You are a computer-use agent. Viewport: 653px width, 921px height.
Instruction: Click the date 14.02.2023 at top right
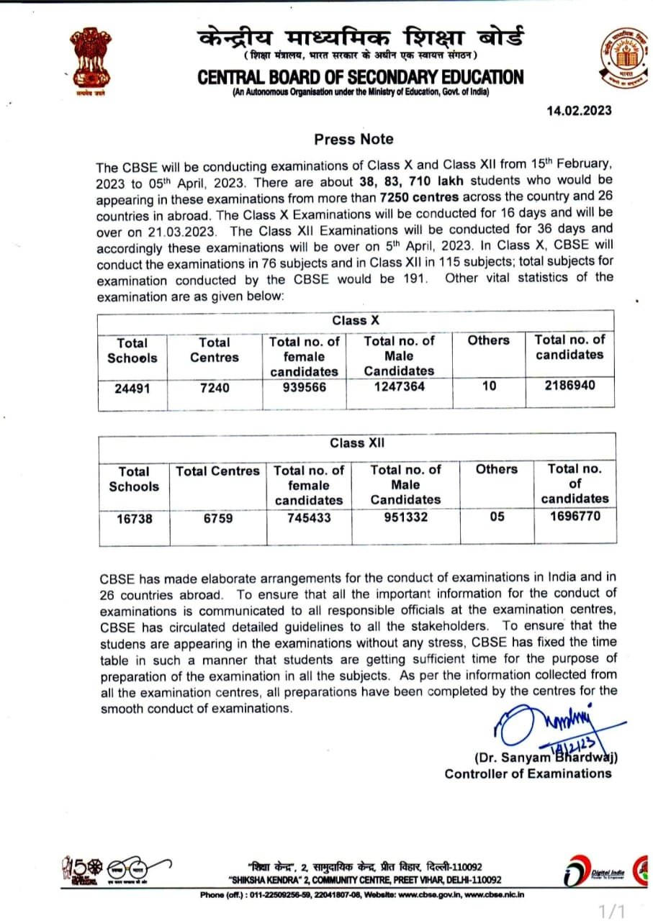click(x=579, y=110)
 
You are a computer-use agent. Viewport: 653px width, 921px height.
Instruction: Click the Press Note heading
click(x=353, y=139)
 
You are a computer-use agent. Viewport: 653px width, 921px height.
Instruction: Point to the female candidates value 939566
click(x=304, y=386)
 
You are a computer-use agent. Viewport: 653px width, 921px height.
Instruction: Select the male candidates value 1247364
click(x=399, y=386)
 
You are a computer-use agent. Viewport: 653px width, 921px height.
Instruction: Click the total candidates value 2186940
click(x=569, y=385)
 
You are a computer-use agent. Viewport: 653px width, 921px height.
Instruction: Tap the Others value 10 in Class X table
click(x=490, y=386)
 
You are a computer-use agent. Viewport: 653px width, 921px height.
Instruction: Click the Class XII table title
click(x=357, y=443)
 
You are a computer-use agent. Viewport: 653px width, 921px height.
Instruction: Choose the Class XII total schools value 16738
click(x=134, y=518)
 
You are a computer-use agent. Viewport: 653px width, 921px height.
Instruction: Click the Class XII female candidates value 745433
click(x=309, y=517)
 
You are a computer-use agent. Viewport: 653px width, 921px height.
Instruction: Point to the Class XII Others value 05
click(x=497, y=517)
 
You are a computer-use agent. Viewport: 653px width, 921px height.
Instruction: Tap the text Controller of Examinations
click(x=528, y=773)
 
